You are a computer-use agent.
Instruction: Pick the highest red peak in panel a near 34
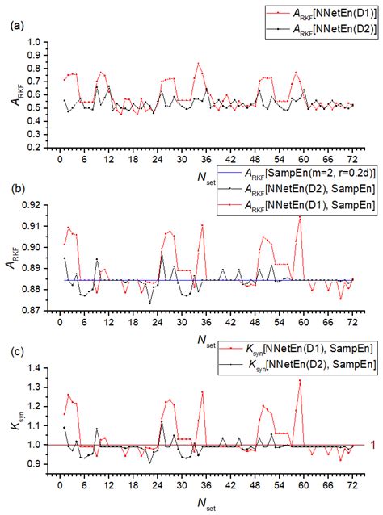pos(198,63)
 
